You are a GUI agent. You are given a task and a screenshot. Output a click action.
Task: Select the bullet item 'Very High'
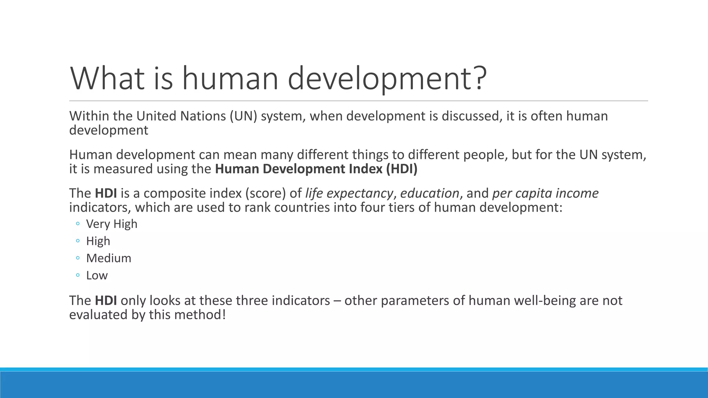pyautogui.click(x=112, y=224)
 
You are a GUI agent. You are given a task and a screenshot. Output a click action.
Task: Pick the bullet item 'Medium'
pyautogui.click(x=109, y=258)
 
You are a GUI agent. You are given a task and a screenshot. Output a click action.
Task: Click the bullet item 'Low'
pyautogui.click(x=97, y=275)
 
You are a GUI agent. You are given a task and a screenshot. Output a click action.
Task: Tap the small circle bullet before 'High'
pyautogui.click(x=78, y=241)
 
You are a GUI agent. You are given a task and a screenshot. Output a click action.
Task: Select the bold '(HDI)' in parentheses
pyautogui.click(x=402, y=169)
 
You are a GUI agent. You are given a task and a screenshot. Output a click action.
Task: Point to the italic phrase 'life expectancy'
pyautogui.click(x=349, y=193)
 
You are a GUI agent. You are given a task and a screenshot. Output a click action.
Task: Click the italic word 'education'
pyautogui.click(x=429, y=193)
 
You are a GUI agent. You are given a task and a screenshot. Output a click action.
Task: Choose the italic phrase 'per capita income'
pyautogui.click(x=545, y=193)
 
